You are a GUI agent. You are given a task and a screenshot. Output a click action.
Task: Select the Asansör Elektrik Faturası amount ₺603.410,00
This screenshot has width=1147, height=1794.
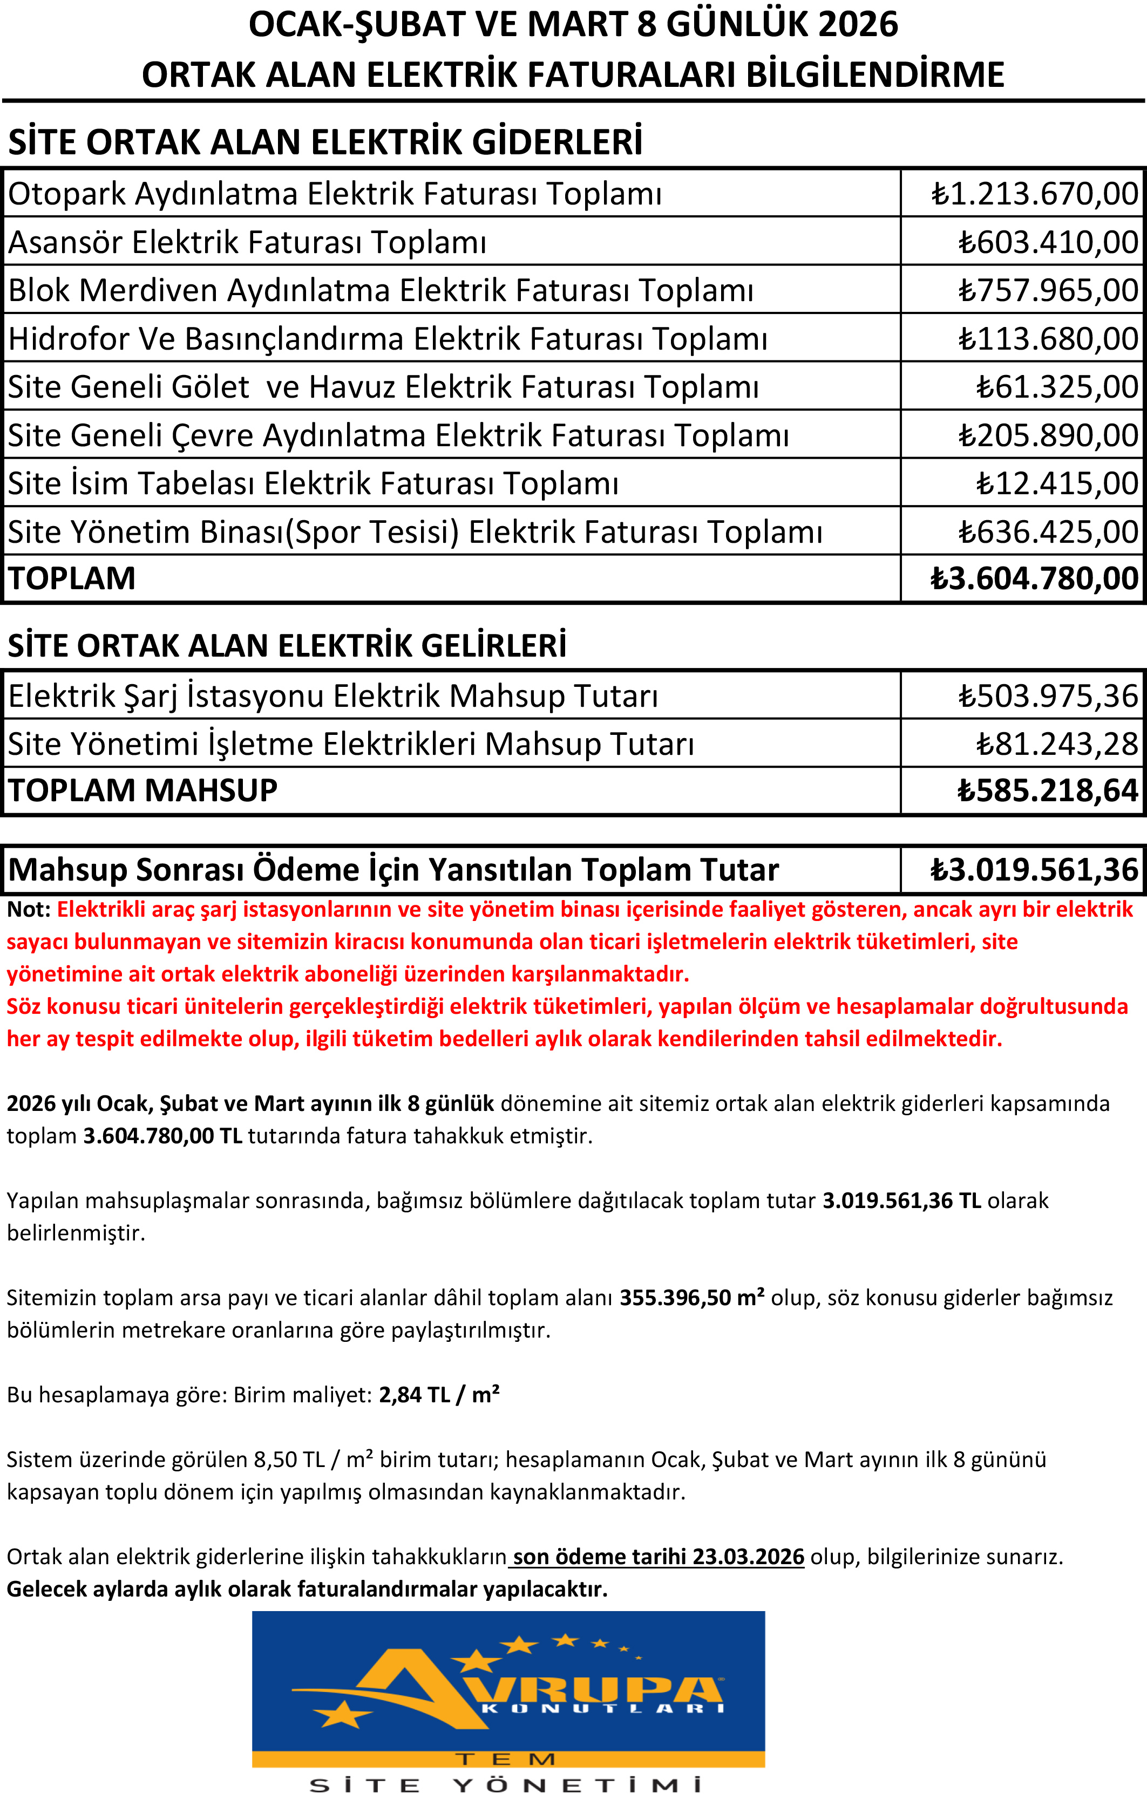[x=1047, y=242]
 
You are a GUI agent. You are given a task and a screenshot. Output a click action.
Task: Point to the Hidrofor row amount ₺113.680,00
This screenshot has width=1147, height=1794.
[x=1047, y=339]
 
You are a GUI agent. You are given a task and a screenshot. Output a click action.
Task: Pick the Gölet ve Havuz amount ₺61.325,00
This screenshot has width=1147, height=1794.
[x=1057, y=387]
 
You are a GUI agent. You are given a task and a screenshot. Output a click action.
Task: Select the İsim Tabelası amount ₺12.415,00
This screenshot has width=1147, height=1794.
[x=1057, y=483]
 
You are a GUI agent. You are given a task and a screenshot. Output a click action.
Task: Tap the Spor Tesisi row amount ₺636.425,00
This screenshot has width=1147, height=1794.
[x=1047, y=532]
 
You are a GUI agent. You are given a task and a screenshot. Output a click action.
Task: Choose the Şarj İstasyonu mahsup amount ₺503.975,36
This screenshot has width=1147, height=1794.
[x=1047, y=696]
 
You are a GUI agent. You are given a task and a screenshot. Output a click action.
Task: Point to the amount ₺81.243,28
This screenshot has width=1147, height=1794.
[x=1057, y=744]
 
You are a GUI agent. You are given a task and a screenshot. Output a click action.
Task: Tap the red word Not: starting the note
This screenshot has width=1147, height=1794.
[x=28, y=910]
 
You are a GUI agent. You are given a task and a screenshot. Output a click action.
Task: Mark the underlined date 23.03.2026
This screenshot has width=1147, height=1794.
[x=748, y=1557]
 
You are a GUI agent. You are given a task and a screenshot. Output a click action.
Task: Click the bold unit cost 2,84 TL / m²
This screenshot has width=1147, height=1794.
[x=439, y=1395]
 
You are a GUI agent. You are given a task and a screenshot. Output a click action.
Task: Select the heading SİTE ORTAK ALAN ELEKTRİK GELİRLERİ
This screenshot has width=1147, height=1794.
[x=287, y=646]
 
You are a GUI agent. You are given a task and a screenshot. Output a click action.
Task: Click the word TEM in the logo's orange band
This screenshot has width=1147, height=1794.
[x=506, y=1759]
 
